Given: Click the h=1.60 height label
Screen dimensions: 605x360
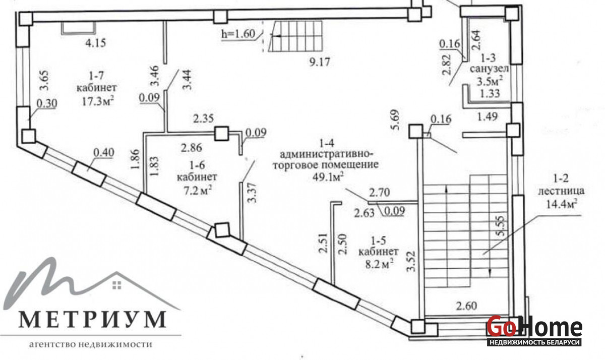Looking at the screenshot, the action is pyautogui.click(x=238, y=34).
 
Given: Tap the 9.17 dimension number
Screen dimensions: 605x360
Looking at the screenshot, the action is pyautogui.click(x=320, y=62).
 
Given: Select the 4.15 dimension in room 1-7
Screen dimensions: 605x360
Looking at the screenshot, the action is pyautogui.click(x=96, y=43).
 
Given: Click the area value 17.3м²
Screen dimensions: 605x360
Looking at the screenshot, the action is pyautogui.click(x=97, y=102).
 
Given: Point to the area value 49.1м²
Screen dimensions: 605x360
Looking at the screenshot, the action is pyautogui.click(x=328, y=177).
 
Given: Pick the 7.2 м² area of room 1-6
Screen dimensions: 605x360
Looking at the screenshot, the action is pyautogui.click(x=198, y=191).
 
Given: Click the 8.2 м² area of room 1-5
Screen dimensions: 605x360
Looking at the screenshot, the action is pyautogui.click(x=379, y=264).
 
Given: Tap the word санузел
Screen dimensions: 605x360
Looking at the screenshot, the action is pyautogui.click(x=490, y=69).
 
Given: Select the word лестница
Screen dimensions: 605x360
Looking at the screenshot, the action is pyautogui.click(x=561, y=191).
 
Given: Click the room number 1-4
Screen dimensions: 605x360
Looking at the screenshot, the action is pyautogui.click(x=327, y=143).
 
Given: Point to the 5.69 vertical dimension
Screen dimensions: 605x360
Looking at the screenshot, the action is pyautogui.click(x=396, y=119).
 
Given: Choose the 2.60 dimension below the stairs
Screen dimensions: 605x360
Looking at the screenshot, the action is pyautogui.click(x=466, y=306).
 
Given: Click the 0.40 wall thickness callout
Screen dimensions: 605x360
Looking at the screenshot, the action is pyautogui.click(x=104, y=153).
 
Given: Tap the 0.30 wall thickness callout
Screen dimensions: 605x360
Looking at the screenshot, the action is pyautogui.click(x=47, y=103).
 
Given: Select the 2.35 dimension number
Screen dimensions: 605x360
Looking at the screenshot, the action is pyautogui.click(x=203, y=118).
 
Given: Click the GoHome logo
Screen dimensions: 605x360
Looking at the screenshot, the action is pyautogui.click(x=534, y=330).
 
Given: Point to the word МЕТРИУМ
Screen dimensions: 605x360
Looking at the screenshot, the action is pyautogui.click(x=92, y=320).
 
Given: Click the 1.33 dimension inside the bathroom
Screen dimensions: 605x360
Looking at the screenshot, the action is pyautogui.click(x=490, y=93).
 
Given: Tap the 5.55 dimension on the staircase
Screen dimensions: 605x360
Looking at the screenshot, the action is pyautogui.click(x=501, y=226).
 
